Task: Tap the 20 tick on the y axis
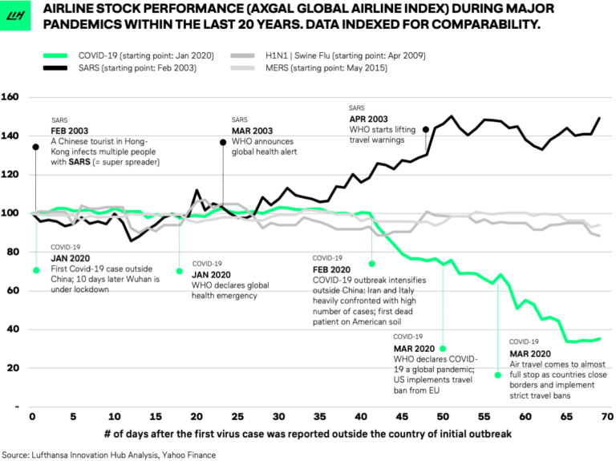(13, 368)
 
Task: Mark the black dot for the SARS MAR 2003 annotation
(222, 143)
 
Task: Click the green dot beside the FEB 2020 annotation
(372, 263)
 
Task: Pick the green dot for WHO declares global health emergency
(180, 271)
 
